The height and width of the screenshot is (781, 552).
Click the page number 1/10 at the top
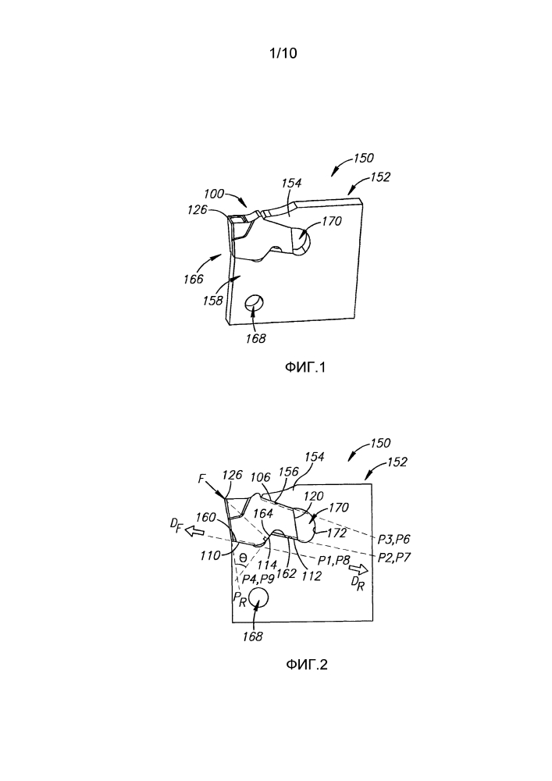coord(283,53)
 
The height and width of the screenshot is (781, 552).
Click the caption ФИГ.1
coord(304,368)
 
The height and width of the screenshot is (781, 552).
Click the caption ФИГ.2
coord(307,665)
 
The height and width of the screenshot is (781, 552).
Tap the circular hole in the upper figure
coord(255,302)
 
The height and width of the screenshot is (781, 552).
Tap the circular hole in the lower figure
coord(258,597)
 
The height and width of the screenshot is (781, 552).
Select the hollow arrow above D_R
coord(358,569)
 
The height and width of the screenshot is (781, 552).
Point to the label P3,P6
coord(394,539)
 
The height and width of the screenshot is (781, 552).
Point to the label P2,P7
coord(394,557)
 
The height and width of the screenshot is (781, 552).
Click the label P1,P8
coord(334,560)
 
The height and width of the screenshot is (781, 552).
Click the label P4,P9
coord(258,579)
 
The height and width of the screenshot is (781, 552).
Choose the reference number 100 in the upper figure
coord(214,193)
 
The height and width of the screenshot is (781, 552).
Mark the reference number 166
coord(193,279)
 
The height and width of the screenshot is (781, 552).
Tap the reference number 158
coord(212,301)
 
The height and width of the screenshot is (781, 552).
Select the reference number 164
coord(263,513)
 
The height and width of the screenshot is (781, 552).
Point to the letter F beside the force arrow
coord(201,479)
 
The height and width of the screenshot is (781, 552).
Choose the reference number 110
coord(209,555)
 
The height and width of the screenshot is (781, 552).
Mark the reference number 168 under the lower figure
coord(252,637)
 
